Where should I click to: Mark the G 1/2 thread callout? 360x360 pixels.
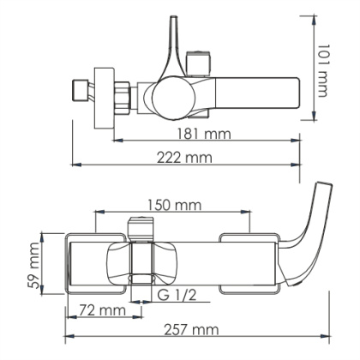177,297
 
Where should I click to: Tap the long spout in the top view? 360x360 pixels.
257,90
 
